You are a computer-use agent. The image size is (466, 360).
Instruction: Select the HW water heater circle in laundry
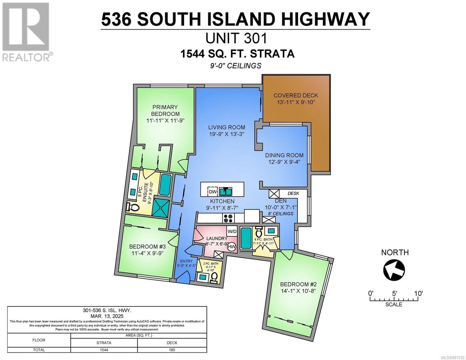click(232, 247)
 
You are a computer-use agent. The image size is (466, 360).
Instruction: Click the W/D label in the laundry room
click(232, 231)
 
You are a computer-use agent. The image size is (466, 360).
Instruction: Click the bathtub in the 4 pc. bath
click(246, 238)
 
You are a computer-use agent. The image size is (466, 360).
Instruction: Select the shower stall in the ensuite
click(161, 206)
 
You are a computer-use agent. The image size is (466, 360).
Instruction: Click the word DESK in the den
click(293, 193)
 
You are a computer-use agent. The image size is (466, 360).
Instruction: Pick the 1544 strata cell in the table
click(104, 350)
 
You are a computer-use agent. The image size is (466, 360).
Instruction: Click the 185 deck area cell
click(172, 350)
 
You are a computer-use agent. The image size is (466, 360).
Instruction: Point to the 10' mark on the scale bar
click(418, 293)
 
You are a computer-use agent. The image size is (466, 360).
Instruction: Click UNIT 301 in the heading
click(236, 38)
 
